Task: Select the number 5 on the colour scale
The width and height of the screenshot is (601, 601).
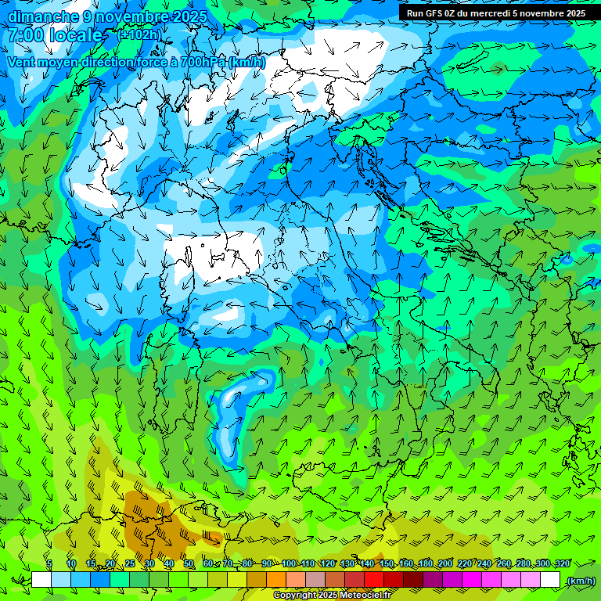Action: (x=49, y=563)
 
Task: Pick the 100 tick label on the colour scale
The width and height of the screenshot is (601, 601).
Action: (x=289, y=563)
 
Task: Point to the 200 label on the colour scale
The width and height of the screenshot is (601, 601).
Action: (x=445, y=563)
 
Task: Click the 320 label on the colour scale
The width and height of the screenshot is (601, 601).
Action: (x=563, y=563)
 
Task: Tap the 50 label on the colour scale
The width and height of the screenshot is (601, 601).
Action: (x=189, y=563)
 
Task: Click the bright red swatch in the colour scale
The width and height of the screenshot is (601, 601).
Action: (x=374, y=580)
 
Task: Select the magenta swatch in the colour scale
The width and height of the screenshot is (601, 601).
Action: (x=472, y=580)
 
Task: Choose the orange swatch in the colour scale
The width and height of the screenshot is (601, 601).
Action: (x=276, y=580)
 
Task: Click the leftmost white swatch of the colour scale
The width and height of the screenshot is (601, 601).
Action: (x=41, y=580)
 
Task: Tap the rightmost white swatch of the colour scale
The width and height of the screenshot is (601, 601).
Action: (x=550, y=580)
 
